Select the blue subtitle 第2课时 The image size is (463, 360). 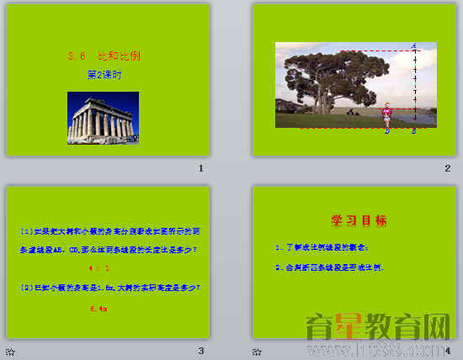click(x=104, y=75)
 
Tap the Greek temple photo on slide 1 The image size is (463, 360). click(x=103, y=118)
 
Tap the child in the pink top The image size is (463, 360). click(x=387, y=115)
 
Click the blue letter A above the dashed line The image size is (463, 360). click(x=414, y=45)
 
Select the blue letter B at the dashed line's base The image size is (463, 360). click(x=414, y=131)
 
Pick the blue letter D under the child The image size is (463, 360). click(x=387, y=131)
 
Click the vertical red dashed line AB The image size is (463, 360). click(x=414, y=88)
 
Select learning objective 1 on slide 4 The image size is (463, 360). click(x=322, y=247)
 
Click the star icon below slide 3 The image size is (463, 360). click(x=9, y=351)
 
